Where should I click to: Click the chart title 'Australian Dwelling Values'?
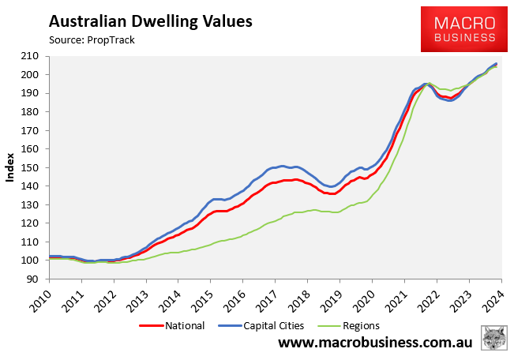[151, 20]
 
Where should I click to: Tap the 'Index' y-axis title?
[10, 167]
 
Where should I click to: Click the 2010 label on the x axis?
[49, 301]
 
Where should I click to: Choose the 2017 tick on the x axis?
[276, 301]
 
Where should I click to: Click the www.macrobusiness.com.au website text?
[375, 344]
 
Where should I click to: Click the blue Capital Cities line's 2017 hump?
[282, 167]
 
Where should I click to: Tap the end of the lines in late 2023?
[495, 64]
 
